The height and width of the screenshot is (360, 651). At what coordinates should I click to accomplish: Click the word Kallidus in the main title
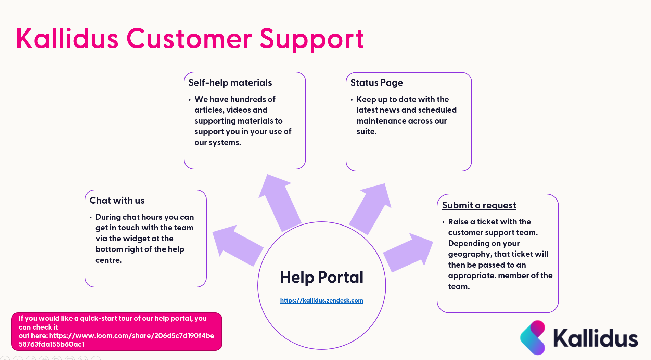tap(67, 39)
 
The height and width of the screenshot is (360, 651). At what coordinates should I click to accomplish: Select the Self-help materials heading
tap(230, 83)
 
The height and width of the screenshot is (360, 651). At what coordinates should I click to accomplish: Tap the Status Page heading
tap(376, 83)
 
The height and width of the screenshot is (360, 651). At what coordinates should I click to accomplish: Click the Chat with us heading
tap(117, 201)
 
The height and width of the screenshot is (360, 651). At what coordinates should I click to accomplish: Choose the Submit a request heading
tap(479, 205)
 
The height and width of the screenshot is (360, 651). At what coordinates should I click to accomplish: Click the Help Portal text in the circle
tap(321, 277)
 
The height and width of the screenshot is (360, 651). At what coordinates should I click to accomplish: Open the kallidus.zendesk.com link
tap(321, 300)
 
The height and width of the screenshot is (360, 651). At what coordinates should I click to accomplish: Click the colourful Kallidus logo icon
tap(533, 337)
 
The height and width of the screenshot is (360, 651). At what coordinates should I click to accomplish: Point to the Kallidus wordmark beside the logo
tap(596, 338)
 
